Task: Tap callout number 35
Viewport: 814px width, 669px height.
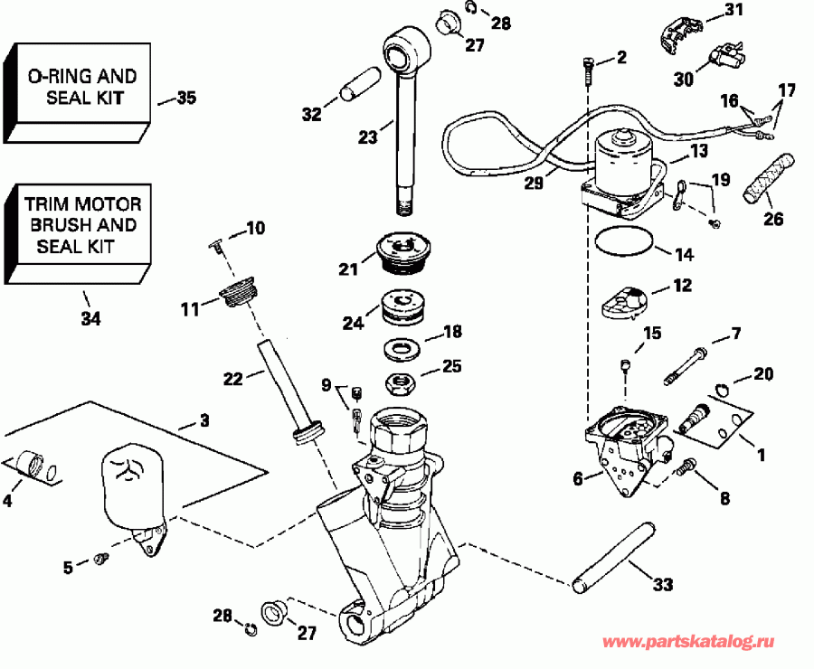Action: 185,98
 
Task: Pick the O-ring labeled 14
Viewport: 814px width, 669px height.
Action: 624,240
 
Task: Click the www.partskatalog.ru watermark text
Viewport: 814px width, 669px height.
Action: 688,642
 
